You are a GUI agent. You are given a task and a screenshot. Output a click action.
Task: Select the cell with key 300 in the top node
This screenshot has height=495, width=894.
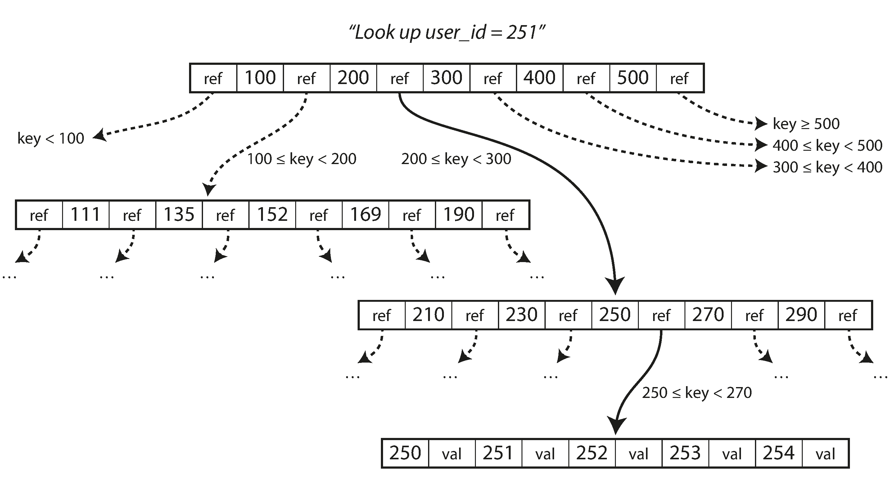point(446,78)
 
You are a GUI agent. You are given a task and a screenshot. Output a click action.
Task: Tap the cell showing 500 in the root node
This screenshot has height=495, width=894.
point(633,78)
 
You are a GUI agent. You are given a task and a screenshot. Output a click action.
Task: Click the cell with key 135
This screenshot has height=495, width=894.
point(179,215)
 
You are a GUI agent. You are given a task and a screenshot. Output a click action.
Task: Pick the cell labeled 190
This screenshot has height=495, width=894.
point(459,215)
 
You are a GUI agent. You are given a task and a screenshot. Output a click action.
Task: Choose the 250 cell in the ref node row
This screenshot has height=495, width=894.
point(615,315)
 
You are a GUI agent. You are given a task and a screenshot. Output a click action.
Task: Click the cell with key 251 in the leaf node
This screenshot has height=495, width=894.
point(498,453)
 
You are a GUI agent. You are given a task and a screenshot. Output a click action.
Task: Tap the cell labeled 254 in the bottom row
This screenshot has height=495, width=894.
point(779,453)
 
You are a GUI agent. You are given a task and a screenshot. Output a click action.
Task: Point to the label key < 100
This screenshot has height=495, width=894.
point(51,139)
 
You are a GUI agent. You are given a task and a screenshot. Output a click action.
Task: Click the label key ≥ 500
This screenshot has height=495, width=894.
point(806,124)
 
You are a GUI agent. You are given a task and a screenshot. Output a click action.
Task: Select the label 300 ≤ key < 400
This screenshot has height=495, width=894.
point(827,167)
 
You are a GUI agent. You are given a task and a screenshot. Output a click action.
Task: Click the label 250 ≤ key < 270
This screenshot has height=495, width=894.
point(697,393)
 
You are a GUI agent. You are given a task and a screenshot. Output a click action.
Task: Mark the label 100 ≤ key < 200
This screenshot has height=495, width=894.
point(301,159)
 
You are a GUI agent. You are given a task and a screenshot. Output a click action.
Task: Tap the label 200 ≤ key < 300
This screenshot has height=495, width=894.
point(456,159)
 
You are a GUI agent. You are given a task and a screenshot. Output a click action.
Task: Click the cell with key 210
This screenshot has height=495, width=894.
point(428,315)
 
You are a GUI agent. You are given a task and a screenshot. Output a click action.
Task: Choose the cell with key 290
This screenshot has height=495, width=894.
point(801,315)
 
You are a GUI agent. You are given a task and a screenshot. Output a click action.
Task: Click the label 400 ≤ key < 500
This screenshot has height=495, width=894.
point(827,145)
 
